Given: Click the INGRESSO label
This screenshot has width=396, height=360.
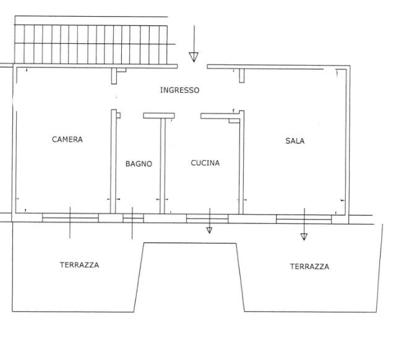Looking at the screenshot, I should click(179, 90).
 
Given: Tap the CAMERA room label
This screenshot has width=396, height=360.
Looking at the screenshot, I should click(67, 140).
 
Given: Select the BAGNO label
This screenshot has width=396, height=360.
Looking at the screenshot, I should click(139, 164).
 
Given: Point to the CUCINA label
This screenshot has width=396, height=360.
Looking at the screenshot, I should click(205, 163).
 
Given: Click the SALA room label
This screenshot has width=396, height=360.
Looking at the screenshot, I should click(295, 141).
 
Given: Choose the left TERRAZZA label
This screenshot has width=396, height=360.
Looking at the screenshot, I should click(79, 265).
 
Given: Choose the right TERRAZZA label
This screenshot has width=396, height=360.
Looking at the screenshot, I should click(309, 267).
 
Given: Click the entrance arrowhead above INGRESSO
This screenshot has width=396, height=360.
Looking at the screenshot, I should click(194, 57).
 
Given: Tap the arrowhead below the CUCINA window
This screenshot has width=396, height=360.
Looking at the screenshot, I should click(209, 230).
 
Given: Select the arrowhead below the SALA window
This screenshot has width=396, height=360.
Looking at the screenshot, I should click(304, 236).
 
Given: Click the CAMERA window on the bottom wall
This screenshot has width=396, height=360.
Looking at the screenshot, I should click(70, 218).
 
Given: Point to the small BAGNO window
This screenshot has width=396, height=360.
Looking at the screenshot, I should click(132, 218).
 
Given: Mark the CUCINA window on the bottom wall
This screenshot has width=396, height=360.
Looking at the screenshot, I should click(207, 218).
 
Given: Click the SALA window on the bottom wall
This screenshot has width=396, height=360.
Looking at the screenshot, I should click(303, 218).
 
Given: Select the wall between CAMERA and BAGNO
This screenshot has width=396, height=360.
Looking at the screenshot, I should click(113, 161).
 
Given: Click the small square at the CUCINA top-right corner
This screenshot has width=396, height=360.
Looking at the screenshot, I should click(234, 121).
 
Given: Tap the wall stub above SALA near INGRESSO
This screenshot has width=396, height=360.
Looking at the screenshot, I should click(242, 75).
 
